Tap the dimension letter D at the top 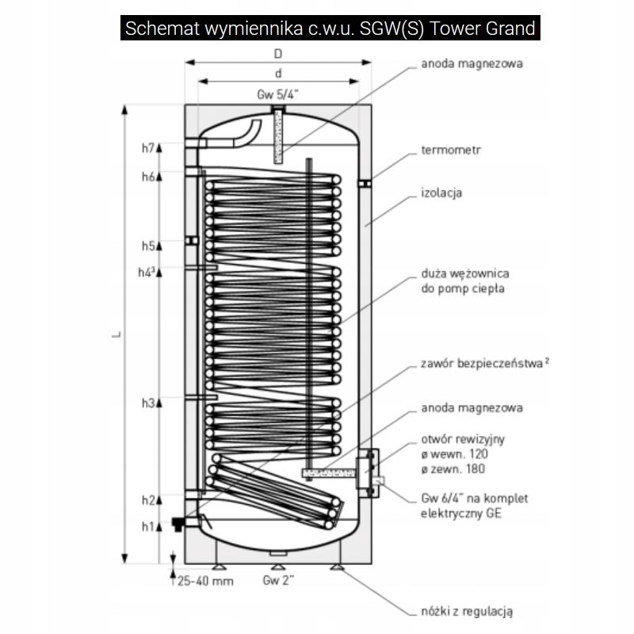point(277,54)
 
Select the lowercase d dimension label point(277,74)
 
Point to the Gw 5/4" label point(277,94)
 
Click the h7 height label point(147,148)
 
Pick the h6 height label point(147,177)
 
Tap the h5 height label point(147,246)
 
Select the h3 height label point(147,403)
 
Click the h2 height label point(147,500)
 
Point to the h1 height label point(147,525)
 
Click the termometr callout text point(451,149)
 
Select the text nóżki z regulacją point(468,611)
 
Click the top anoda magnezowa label point(472,64)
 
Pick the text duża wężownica point(471,273)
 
